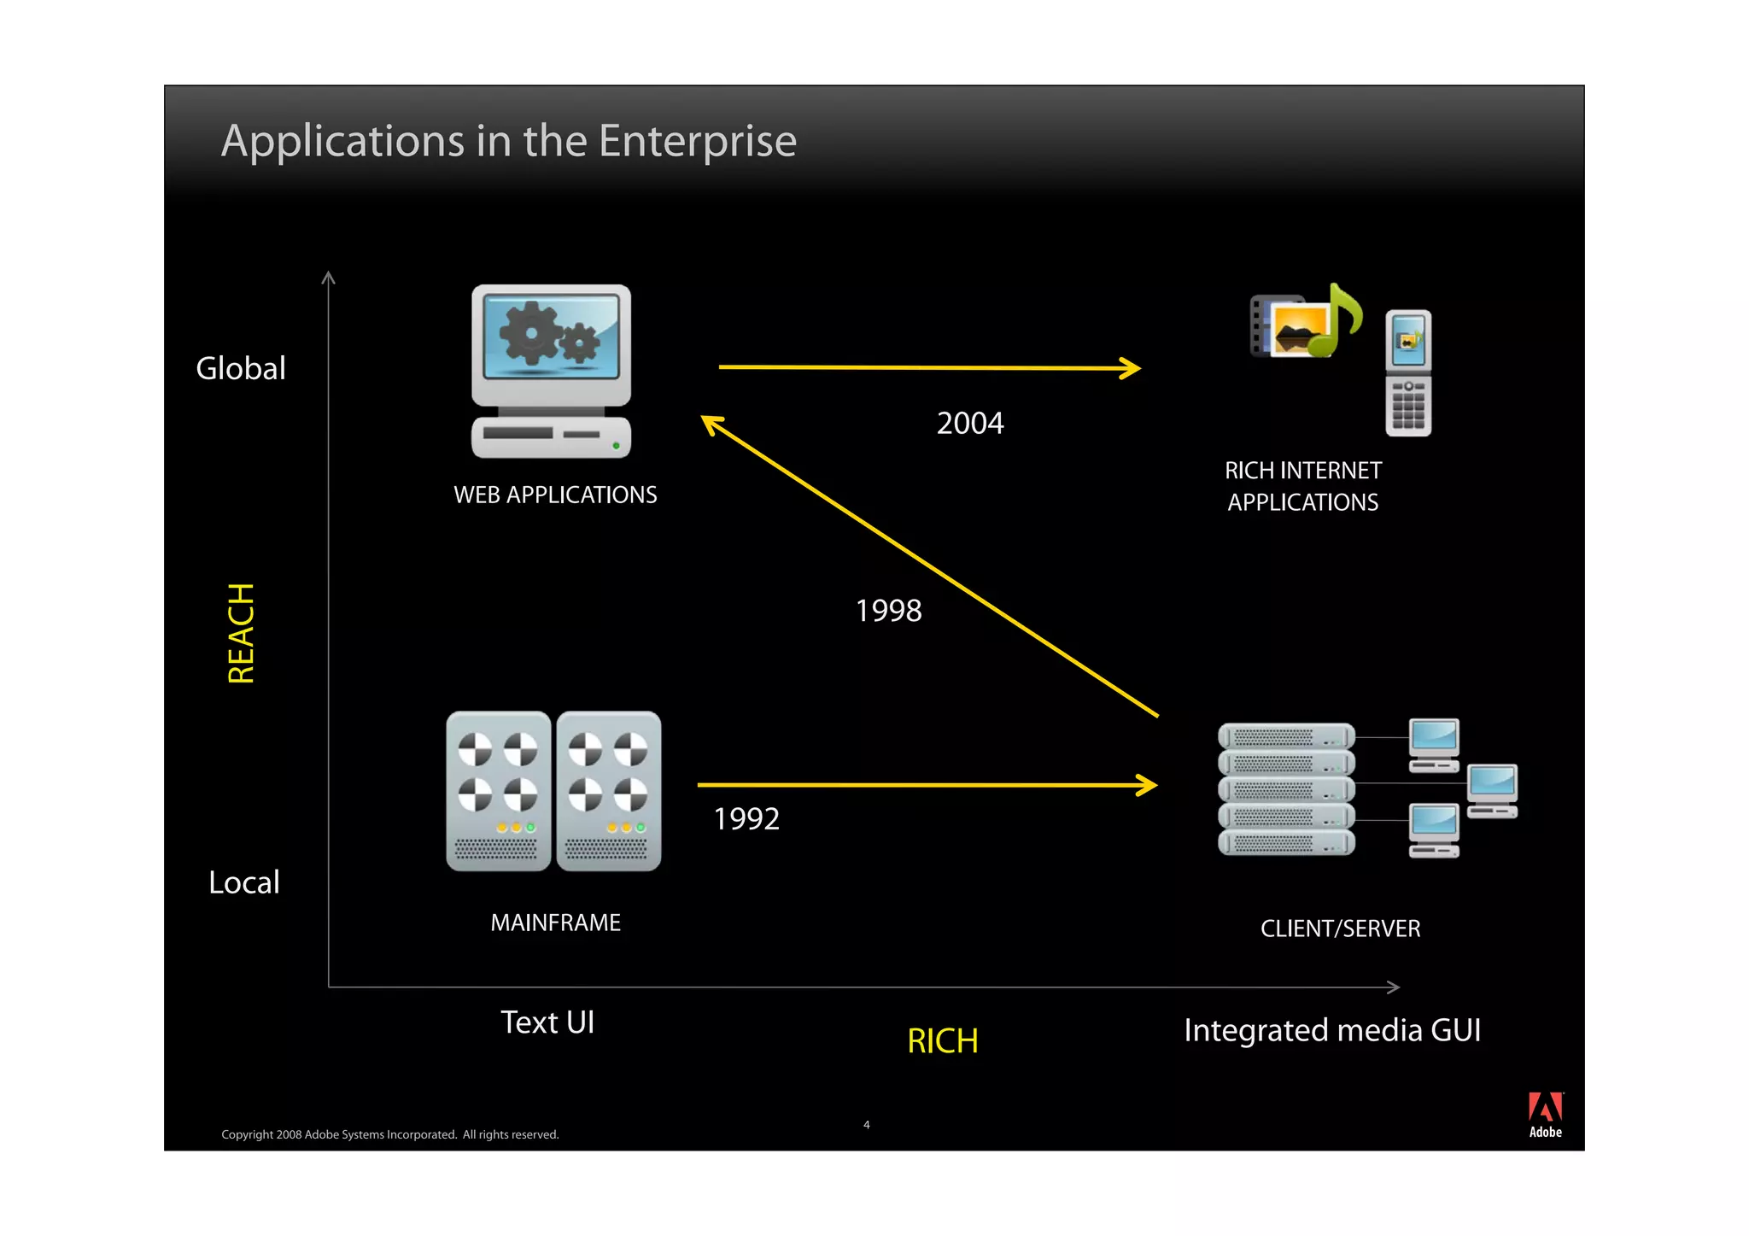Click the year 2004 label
(x=969, y=423)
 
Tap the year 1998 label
(x=888, y=611)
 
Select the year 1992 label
(x=746, y=819)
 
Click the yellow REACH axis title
(x=241, y=633)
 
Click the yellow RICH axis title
(x=942, y=1040)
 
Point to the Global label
(x=240, y=368)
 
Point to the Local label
(x=243, y=882)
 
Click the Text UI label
(x=547, y=1022)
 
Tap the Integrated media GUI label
(x=1331, y=1030)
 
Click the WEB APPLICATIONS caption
(x=555, y=495)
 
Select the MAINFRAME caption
(x=555, y=923)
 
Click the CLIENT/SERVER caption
(x=1340, y=928)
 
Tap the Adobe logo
(x=1545, y=1114)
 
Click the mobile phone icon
(x=1407, y=373)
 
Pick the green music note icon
(x=1339, y=320)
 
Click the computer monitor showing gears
(x=552, y=346)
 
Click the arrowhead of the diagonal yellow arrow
(x=711, y=423)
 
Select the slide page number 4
(x=866, y=1125)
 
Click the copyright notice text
(x=389, y=1134)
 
